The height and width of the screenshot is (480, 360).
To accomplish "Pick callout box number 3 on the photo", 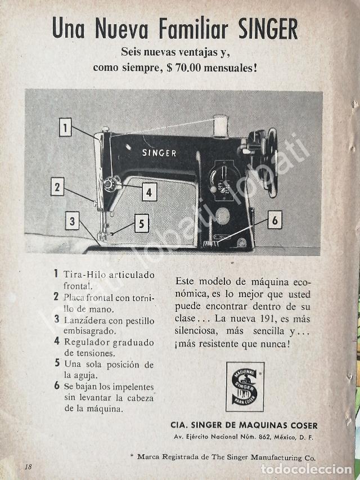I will [x=72, y=221].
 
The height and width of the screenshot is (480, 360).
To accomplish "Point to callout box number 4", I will [x=148, y=192].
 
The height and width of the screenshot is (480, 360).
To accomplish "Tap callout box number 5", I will [x=142, y=224].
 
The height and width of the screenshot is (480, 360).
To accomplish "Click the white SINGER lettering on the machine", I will [x=159, y=152].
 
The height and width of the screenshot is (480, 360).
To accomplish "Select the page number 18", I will [x=28, y=466].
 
